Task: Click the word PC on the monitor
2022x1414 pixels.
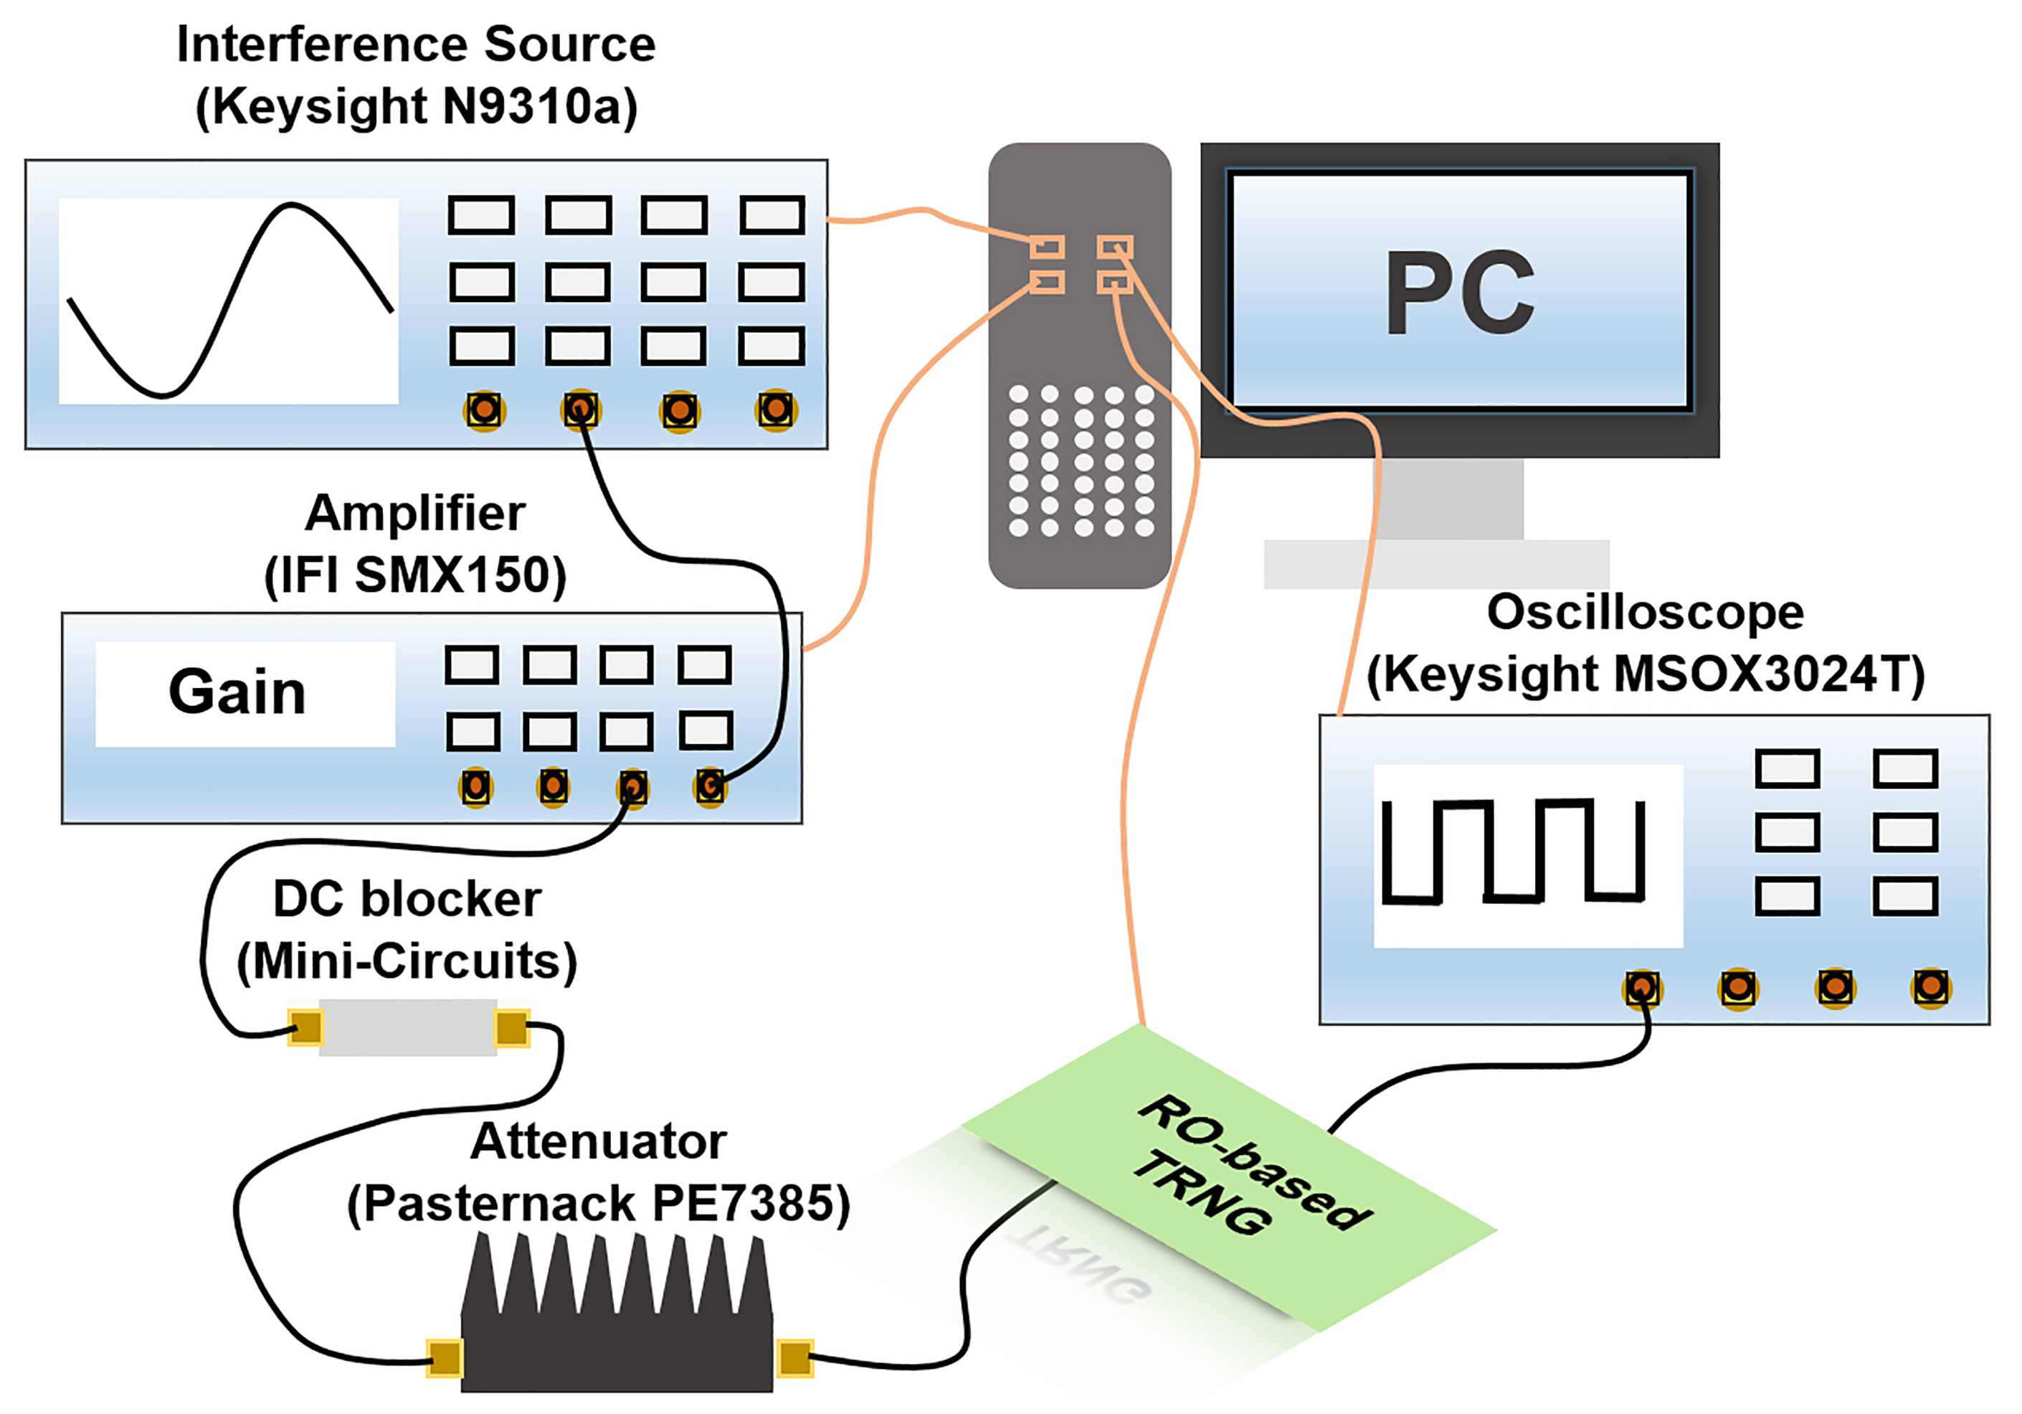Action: tap(1459, 293)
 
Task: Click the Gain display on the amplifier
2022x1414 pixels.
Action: tap(238, 692)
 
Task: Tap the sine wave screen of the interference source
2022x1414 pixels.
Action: tap(228, 301)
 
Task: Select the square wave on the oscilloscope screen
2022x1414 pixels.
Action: tap(1512, 851)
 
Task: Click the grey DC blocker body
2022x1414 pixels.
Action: tap(408, 1027)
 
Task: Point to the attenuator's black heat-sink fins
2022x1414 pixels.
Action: tap(617, 1278)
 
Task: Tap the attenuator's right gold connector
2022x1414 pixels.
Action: tap(795, 1357)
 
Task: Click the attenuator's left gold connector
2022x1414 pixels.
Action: tap(445, 1357)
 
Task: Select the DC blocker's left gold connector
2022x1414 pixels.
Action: tap(305, 1027)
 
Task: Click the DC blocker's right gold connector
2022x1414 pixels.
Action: tap(512, 1027)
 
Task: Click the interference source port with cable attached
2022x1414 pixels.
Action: tap(579, 410)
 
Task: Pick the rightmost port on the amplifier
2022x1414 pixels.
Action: tap(710, 786)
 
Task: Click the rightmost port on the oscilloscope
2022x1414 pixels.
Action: tap(1930, 988)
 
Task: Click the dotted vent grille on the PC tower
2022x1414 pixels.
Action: tap(1081, 461)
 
